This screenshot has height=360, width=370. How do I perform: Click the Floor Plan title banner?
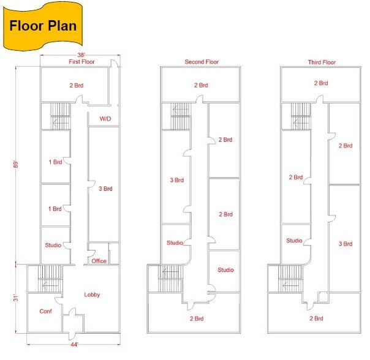pyautogui.click(x=43, y=26)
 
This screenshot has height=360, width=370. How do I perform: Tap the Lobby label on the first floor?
pyautogui.click(x=92, y=294)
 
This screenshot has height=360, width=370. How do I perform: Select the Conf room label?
pyautogui.click(x=45, y=311)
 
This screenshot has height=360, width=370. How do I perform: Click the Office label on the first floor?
pyautogui.click(x=99, y=261)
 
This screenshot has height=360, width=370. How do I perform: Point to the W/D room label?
pyautogui.click(x=105, y=118)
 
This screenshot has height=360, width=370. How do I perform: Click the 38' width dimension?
pyautogui.click(x=81, y=55)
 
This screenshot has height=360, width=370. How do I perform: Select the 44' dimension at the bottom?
pyautogui.click(x=74, y=345)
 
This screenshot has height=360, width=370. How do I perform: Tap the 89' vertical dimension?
pyautogui.click(x=15, y=165)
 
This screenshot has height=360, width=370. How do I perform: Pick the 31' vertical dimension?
pyautogui.click(x=15, y=298)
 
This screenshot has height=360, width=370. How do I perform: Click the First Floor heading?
pyautogui.click(x=81, y=62)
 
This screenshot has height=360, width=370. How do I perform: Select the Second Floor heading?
pyautogui.click(x=202, y=62)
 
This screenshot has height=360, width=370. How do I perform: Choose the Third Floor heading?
pyautogui.click(x=322, y=62)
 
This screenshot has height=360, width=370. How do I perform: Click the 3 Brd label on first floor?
pyautogui.click(x=105, y=189)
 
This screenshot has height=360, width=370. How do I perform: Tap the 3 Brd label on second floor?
pyautogui.click(x=177, y=180)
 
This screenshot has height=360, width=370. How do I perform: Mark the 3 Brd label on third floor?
pyautogui.click(x=345, y=244)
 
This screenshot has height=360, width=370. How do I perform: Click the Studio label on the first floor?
pyautogui.click(x=53, y=245)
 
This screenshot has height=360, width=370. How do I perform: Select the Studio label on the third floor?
pyautogui.click(x=294, y=241)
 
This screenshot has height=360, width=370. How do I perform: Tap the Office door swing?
pyautogui.click(x=91, y=253)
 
